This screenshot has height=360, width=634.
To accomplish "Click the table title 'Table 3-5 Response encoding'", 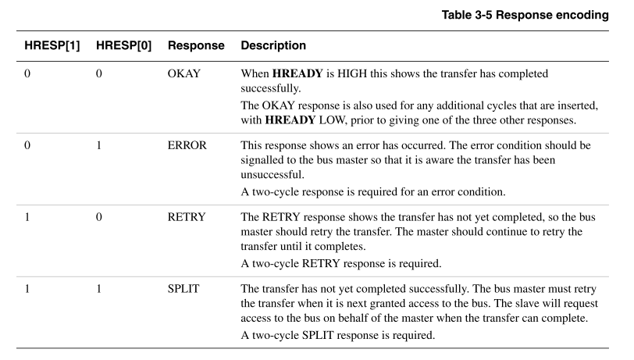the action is [525, 15].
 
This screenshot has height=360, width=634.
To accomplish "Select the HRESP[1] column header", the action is [52, 45].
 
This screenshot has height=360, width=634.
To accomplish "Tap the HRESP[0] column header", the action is [123, 45].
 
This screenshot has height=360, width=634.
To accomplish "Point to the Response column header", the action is [196, 46].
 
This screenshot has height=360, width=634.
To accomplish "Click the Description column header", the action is [273, 45].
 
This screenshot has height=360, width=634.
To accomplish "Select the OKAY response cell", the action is [184, 73].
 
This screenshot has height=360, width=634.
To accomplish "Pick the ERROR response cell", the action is [187, 145].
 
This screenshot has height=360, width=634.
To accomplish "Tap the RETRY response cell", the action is [187, 217].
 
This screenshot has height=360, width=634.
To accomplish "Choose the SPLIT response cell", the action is [183, 289].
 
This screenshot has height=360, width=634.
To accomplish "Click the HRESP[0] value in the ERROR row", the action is [98, 145].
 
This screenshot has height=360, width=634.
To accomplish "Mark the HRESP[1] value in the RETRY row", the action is [27, 217].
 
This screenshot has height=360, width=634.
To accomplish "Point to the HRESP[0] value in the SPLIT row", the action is [98, 289].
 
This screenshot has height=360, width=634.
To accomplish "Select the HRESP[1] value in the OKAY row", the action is [27, 73].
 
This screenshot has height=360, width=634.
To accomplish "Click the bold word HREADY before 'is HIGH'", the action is [297, 73].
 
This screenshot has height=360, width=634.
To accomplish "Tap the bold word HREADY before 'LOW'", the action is [290, 120].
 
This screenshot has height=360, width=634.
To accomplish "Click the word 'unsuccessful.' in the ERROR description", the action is [272, 175].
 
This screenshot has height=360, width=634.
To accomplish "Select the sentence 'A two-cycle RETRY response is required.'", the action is [341, 264].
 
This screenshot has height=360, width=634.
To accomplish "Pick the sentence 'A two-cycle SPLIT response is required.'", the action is [338, 335].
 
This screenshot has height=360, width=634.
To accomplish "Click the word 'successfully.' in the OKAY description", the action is [271, 88].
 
